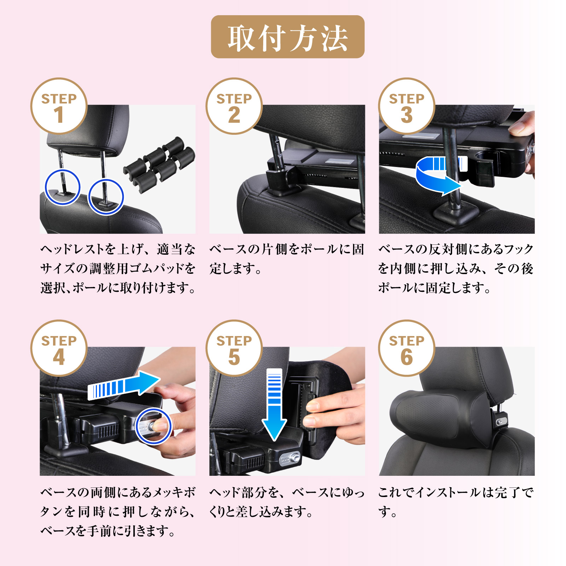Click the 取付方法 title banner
pyautogui.click(x=288, y=37)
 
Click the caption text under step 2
pyautogui.click(x=287, y=259)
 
